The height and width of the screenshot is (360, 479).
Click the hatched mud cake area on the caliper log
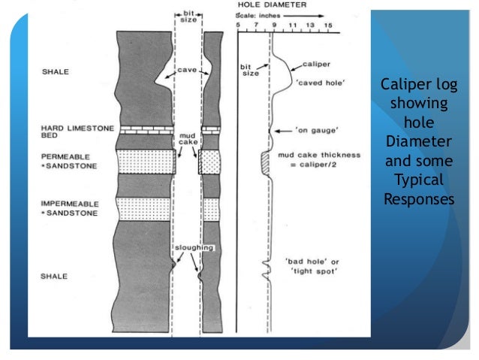click(264, 162)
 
